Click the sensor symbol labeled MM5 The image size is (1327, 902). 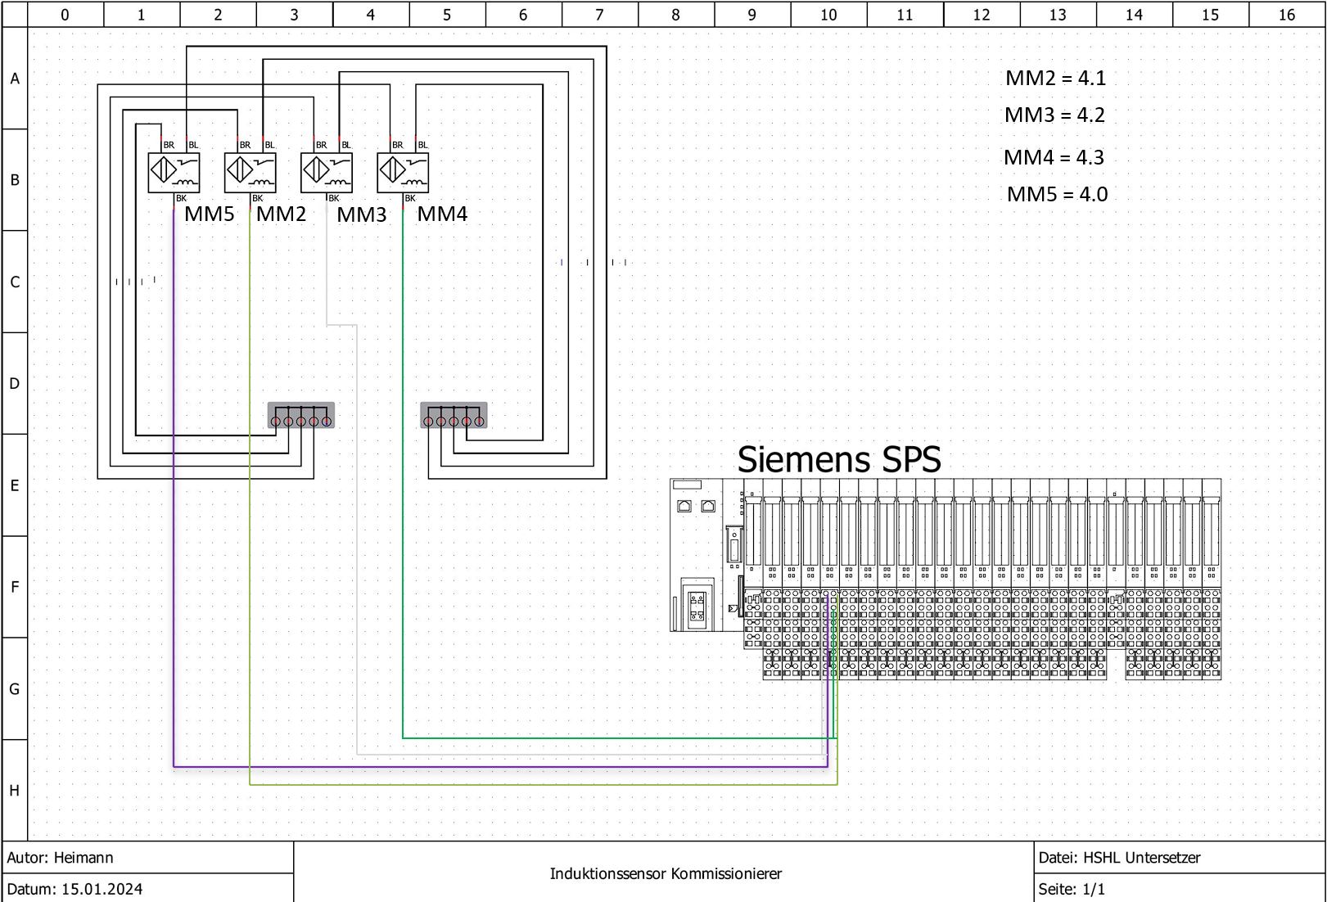(x=174, y=173)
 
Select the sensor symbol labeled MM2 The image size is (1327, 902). (x=250, y=173)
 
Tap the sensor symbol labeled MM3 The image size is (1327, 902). (x=326, y=173)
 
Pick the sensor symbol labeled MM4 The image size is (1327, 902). (x=403, y=173)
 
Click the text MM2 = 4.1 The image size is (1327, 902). (x=1055, y=79)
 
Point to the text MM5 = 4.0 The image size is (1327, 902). (x=1057, y=195)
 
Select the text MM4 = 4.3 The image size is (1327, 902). (x=1054, y=157)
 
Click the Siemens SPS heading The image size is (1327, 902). (x=839, y=460)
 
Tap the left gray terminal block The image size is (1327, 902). (x=301, y=415)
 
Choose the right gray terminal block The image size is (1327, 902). (x=454, y=415)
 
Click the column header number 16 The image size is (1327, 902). (x=1286, y=15)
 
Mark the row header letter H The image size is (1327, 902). (x=15, y=791)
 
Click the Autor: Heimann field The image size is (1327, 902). (x=61, y=858)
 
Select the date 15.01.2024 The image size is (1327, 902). (x=102, y=889)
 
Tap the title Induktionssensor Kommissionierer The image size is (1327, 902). (x=666, y=874)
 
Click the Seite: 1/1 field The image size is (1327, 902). (x=1072, y=889)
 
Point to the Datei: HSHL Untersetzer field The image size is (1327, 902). (x=1119, y=858)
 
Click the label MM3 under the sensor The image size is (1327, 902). (x=361, y=215)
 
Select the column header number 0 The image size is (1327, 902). (x=65, y=15)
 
